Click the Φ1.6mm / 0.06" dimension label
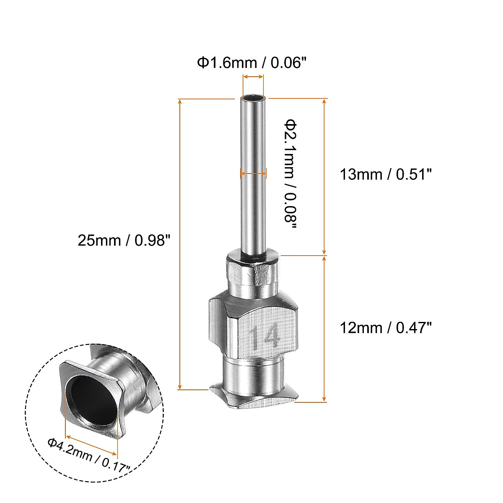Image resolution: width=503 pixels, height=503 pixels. (x=252, y=63)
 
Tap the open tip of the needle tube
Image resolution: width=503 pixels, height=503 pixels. (x=253, y=99)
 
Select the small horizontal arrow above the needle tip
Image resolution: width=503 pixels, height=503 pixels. (x=253, y=77)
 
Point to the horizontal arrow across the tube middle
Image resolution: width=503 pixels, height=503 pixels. (x=253, y=173)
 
